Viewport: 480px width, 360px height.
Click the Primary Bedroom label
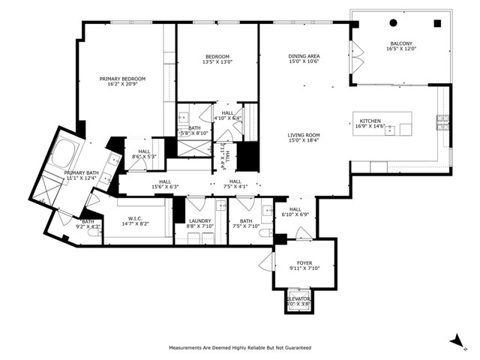tap(122, 79)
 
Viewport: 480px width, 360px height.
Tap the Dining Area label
tap(304, 56)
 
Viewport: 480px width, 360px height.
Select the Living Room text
tap(304, 135)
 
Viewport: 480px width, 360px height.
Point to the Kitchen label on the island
tap(370, 121)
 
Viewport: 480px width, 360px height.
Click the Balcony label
tap(400, 43)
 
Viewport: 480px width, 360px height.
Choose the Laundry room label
tap(200, 220)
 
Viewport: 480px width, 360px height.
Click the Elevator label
tap(298, 298)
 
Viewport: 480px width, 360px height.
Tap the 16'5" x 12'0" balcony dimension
tap(400, 49)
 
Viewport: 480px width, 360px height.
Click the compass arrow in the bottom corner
tap(455, 341)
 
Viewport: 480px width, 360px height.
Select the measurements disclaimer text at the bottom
tap(240, 348)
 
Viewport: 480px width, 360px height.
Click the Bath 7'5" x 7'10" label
tap(245, 223)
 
